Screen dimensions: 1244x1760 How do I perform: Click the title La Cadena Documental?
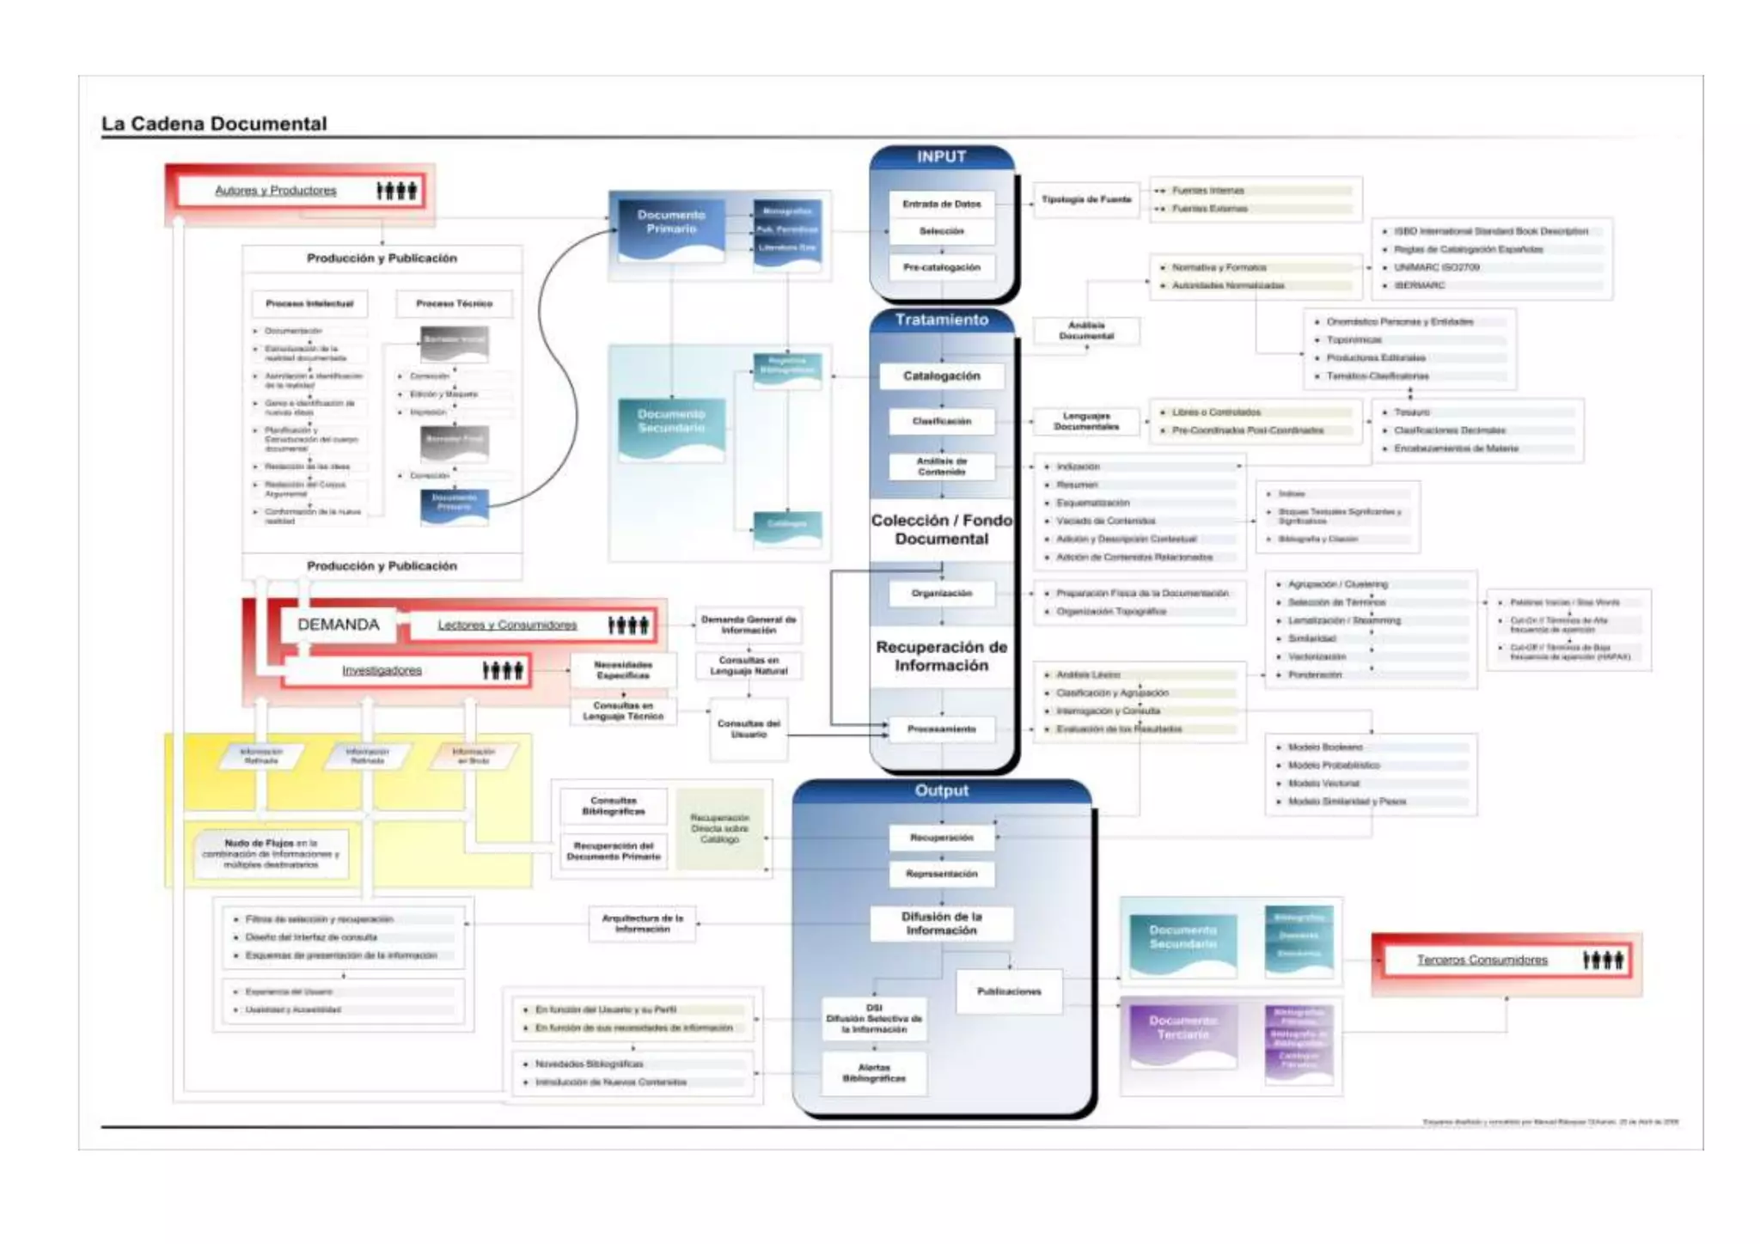[x=214, y=124]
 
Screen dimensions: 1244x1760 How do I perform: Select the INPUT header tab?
[x=941, y=156]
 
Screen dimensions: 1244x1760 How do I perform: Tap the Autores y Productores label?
[x=276, y=191]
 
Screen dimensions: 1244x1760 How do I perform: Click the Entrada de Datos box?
[x=941, y=204]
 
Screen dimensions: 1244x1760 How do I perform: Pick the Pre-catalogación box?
[x=941, y=267]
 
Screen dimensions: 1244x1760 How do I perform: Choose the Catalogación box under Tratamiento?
[x=941, y=375]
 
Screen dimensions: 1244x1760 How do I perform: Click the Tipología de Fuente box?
[x=1086, y=199]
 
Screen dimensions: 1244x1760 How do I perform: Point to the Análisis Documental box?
[x=1086, y=330]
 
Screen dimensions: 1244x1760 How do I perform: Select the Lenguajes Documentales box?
[x=1086, y=421]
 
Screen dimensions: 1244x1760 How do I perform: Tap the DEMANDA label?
[x=338, y=625]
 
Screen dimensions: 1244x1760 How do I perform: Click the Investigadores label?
[x=382, y=670]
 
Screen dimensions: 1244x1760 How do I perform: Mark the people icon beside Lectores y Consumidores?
[x=628, y=625]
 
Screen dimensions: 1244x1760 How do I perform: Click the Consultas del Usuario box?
[x=749, y=729]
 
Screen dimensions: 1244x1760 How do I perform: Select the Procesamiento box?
[x=941, y=729]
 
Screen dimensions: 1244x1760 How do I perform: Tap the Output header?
[x=941, y=790]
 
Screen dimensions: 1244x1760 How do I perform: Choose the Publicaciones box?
[x=1009, y=991]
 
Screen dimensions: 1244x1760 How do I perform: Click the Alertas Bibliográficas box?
[x=874, y=1072]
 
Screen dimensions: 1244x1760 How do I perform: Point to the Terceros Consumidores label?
[x=1482, y=960]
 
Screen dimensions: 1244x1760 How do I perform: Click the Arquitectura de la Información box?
[x=642, y=924]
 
